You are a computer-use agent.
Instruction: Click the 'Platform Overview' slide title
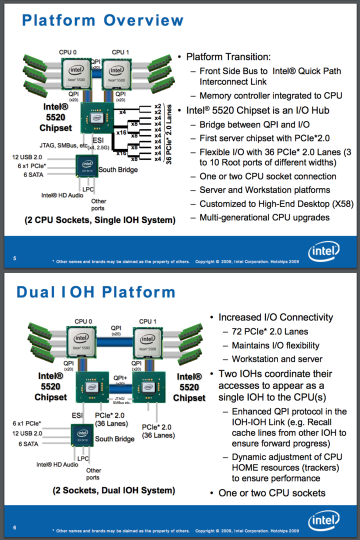[x=103, y=20]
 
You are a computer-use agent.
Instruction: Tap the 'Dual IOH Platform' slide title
[x=96, y=292]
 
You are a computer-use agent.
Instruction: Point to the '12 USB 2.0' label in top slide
[x=27, y=157]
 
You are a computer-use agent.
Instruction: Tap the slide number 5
[x=14, y=258]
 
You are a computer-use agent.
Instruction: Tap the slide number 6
[x=14, y=527]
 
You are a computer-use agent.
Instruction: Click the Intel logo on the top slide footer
[x=323, y=251]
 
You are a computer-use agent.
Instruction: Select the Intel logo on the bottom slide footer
[x=323, y=521]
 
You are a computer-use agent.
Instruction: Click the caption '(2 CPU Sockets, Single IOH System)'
[x=100, y=220]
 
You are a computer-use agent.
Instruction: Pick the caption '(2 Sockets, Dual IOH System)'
[x=114, y=490]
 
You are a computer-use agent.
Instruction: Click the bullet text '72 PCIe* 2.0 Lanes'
[x=270, y=331]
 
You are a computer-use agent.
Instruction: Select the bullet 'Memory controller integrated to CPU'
[x=270, y=95]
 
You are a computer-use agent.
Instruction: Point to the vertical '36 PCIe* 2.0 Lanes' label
[x=170, y=134]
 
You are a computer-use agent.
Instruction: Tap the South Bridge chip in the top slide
[x=87, y=166]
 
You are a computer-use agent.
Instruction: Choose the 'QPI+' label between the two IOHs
[x=120, y=377]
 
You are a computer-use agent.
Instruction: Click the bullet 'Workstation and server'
[x=277, y=359]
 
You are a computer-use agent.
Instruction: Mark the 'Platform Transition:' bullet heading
[x=228, y=57]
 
